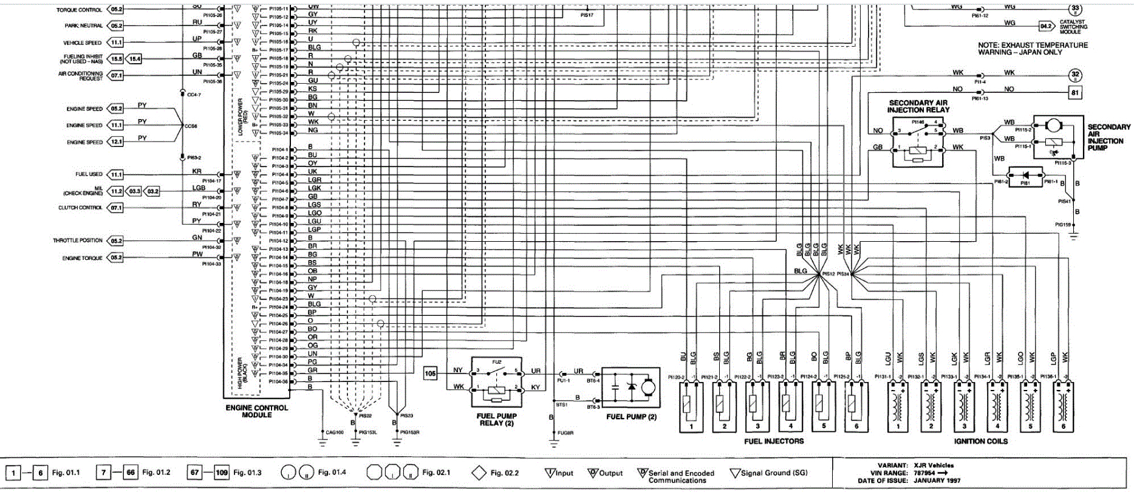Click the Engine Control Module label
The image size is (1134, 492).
point(256,411)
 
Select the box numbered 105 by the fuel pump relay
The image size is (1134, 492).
point(430,373)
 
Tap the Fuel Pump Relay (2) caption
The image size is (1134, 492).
point(496,420)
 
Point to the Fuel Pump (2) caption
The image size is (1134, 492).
point(631,417)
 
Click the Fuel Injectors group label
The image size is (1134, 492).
point(773,442)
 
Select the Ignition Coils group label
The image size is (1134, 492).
point(980,442)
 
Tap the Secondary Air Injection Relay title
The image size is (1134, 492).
point(918,106)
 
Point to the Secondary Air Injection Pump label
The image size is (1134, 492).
point(1108,137)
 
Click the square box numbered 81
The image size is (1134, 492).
point(1075,93)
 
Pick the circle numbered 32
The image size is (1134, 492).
point(1075,76)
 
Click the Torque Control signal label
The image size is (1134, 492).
point(79,10)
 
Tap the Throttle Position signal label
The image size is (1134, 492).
point(78,241)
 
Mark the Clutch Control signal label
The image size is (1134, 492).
point(80,208)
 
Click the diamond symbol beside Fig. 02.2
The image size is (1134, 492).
point(479,473)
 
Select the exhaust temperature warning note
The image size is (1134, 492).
point(1033,49)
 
